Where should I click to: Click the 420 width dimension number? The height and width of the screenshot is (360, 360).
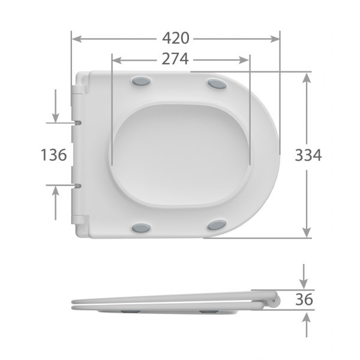176,38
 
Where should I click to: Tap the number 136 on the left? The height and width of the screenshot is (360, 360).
53,155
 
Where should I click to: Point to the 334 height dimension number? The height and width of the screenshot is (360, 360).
308,155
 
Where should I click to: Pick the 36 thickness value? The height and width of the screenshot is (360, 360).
305,299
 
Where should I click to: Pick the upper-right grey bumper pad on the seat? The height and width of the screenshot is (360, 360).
217,84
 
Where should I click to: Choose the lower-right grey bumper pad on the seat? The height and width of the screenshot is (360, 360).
217,225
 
